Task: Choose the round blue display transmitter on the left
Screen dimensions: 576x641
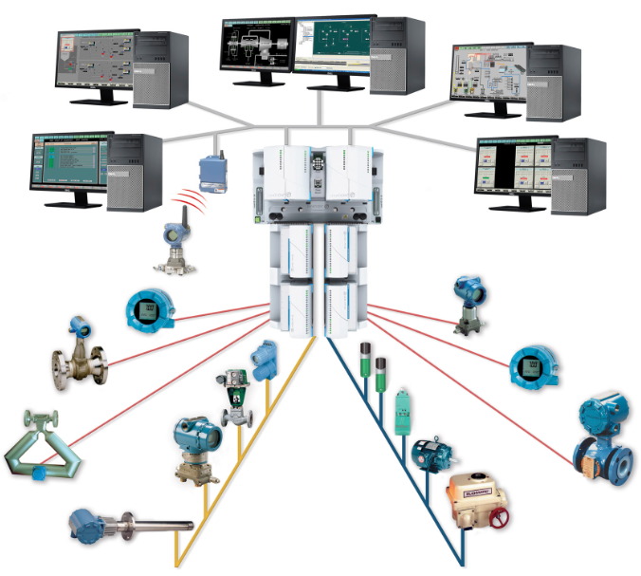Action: tap(150, 310)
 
